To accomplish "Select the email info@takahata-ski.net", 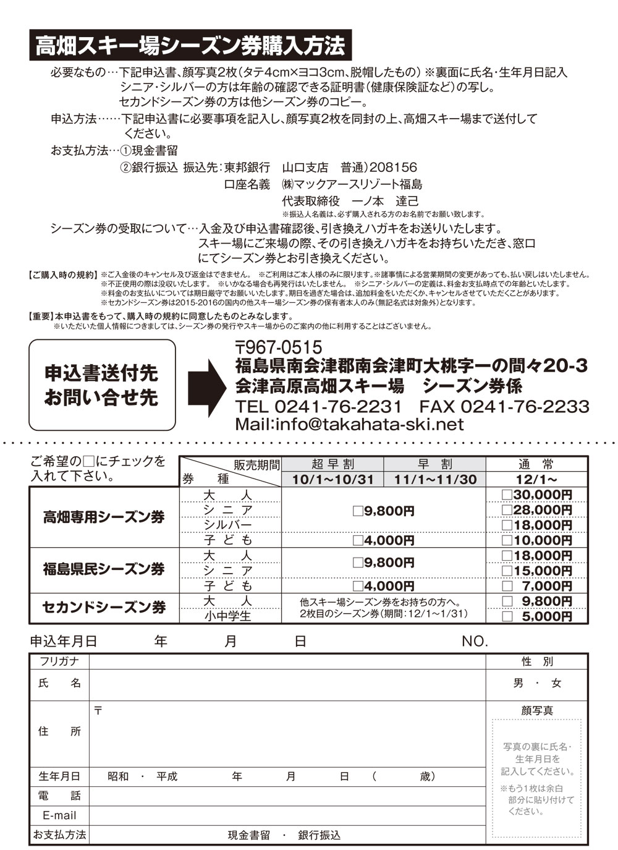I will [349, 424].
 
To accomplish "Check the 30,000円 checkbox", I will [507, 495].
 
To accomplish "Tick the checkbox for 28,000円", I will [507, 510].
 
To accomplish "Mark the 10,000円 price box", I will [507, 540].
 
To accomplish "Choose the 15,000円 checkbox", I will [507, 571].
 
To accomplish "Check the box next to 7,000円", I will [507, 585].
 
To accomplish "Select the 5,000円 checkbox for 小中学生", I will [507, 616].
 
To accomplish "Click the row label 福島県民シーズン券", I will [104, 569].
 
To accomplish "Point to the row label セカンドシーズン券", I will [104, 608].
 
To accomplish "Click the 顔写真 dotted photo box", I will [536, 770].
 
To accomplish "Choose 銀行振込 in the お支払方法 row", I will [319, 835].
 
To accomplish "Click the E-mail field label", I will [59, 815].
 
